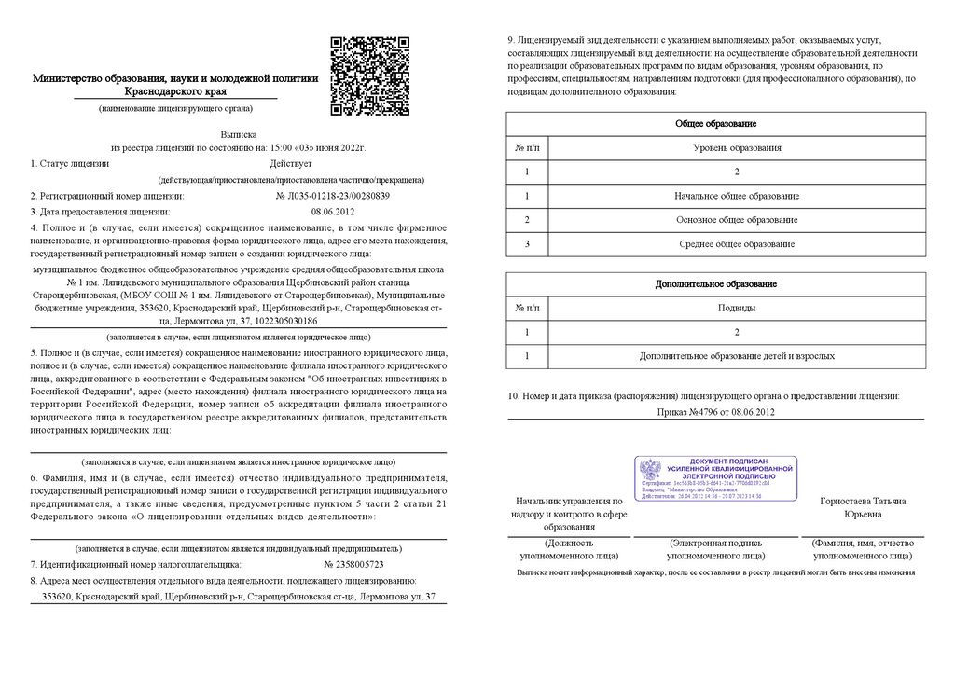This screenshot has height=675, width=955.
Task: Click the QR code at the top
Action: point(370,76)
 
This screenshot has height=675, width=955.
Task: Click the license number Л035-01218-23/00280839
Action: point(333,196)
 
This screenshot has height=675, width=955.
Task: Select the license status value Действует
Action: point(290,163)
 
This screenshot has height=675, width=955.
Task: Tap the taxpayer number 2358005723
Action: point(353,565)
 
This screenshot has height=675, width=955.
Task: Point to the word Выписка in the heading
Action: point(238,134)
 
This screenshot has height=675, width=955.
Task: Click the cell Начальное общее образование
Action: point(737,197)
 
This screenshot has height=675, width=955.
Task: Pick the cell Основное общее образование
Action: point(737,220)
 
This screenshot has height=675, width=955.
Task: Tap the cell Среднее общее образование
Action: point(737,244)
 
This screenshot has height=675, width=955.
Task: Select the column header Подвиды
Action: point(737,308)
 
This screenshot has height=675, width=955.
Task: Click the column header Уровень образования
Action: point(737,148)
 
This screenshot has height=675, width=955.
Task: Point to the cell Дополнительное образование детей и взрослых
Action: point(737,356)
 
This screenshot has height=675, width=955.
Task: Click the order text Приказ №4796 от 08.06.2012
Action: point(715,411)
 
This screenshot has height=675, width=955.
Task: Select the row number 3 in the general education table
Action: point(527,244)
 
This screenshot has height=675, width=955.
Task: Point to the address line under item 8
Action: point(232,596)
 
